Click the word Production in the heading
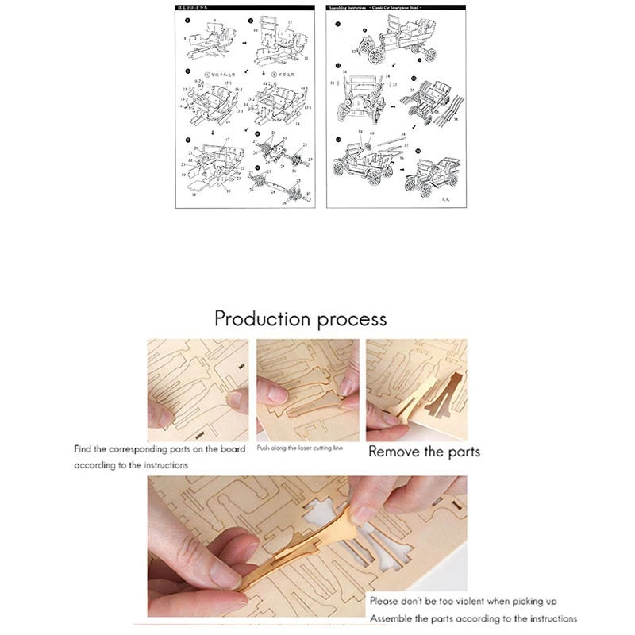point(263,319)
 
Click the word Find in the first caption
point(83,449)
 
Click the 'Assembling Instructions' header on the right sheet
point(355,8)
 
